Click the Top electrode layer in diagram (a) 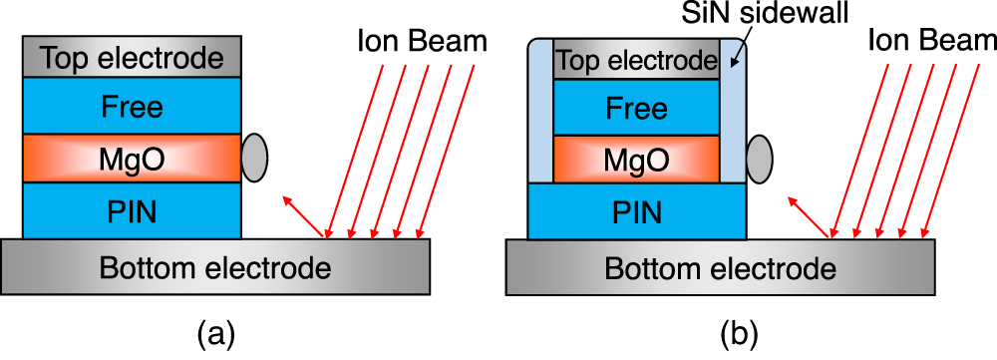coord(132,59)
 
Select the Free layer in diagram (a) coord(132,106)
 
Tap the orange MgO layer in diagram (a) coord(132,159)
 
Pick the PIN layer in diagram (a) coord(132,210)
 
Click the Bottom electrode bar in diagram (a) coord(216,268)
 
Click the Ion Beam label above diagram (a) coord(422,42)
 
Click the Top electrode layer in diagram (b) coord(636,61)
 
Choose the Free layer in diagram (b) coord(636,107)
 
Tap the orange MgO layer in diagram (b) coord(636,159)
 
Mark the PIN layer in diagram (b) coord(636,211)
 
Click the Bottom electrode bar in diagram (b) coord(721,268)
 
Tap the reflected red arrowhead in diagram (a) coord(287,200)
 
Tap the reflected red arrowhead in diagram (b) coord(793,200)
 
